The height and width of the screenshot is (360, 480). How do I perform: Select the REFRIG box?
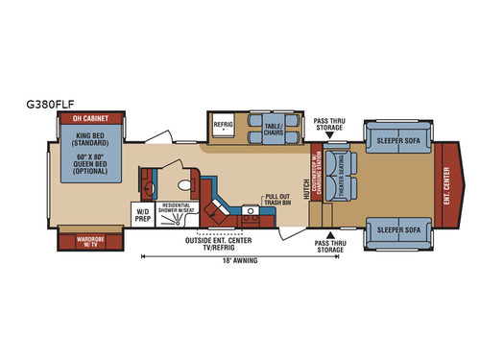[x=224, y=124]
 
